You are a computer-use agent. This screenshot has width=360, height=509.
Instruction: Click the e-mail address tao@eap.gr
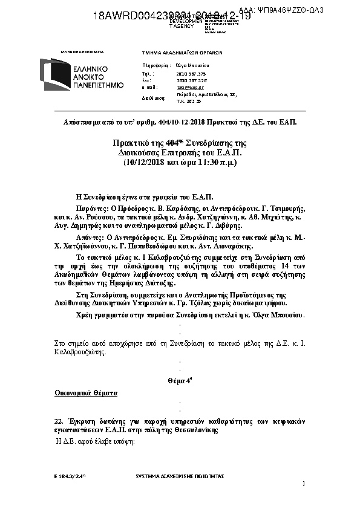(x=185, y=87)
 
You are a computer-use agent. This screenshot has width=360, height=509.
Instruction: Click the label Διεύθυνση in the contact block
(x=154, y=97)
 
